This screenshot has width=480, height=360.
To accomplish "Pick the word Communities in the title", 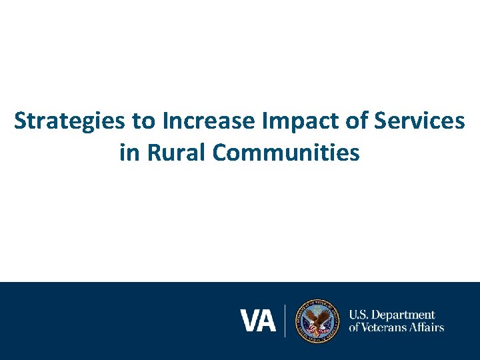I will pyautogui.click(x=287, y=153).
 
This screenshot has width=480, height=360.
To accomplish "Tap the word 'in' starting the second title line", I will pyautogui.click(x=128, y=153).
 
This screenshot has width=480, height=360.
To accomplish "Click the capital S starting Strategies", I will pyautogui.click(x=21, y=121).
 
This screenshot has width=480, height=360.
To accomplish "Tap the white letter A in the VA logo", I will pyautogui.click(x=266, y=321).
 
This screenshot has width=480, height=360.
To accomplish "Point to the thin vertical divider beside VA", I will pyautogui.click(x=285, y=321).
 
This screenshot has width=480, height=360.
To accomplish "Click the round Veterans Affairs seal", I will pyautogui.click(x=318, y=321).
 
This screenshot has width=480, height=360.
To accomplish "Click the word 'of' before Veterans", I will pyautogui.click(x=355, y=327).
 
